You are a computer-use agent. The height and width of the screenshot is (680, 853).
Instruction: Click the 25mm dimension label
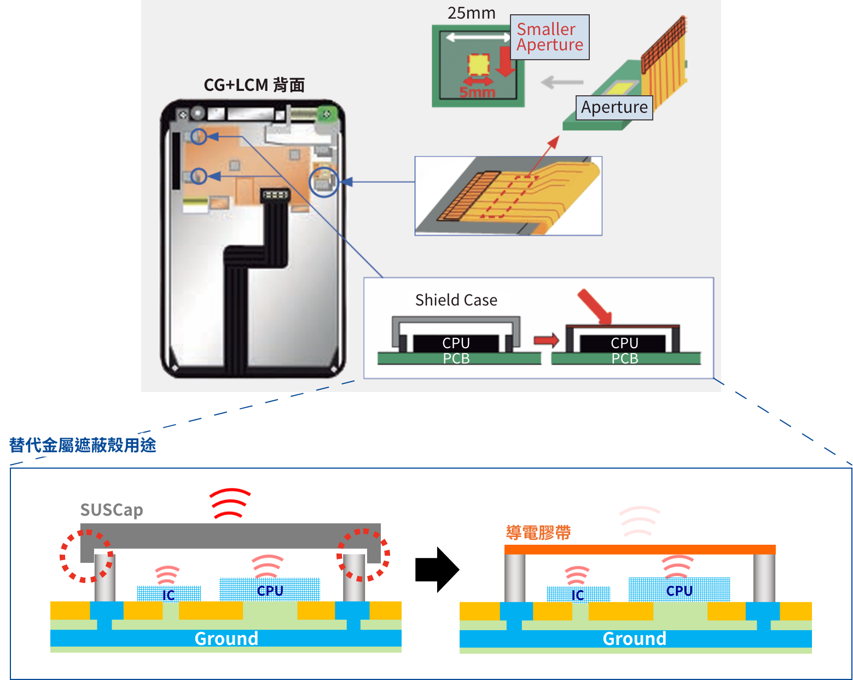click(471, 13)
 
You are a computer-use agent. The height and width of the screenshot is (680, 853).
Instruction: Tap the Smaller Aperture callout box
click(549, 37)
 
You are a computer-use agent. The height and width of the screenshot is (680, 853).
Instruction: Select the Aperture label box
click(614, 107)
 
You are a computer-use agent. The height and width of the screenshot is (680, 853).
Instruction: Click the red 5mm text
click(477, 92)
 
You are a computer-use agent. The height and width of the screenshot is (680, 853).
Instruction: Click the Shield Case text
click(456, 300)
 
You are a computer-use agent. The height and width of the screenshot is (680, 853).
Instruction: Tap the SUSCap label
click(112, 510)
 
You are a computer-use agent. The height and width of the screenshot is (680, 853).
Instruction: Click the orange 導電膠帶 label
click(538, 532)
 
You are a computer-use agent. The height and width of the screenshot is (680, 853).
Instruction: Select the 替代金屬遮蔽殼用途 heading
click(83, 445)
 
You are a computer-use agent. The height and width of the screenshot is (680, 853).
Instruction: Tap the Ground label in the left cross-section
click(226, 638)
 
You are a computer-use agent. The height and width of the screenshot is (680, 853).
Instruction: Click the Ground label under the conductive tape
click(634, 638)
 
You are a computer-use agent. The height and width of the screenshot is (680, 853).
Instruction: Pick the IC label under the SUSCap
click(169, 595)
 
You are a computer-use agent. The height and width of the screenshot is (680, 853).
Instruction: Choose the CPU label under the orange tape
click(679, 591)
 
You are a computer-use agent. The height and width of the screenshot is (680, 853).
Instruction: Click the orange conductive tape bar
click(640, 550)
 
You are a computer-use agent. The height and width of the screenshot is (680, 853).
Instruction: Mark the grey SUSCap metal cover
click(230, 535)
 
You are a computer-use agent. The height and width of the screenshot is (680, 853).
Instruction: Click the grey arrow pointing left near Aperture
click(562, 83)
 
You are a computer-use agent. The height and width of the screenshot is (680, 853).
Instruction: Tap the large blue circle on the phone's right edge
click(324, 182)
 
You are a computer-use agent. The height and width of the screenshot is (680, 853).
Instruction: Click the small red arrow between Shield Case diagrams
click(546, 341)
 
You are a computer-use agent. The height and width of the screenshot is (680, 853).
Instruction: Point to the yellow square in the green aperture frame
click(478, 65)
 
